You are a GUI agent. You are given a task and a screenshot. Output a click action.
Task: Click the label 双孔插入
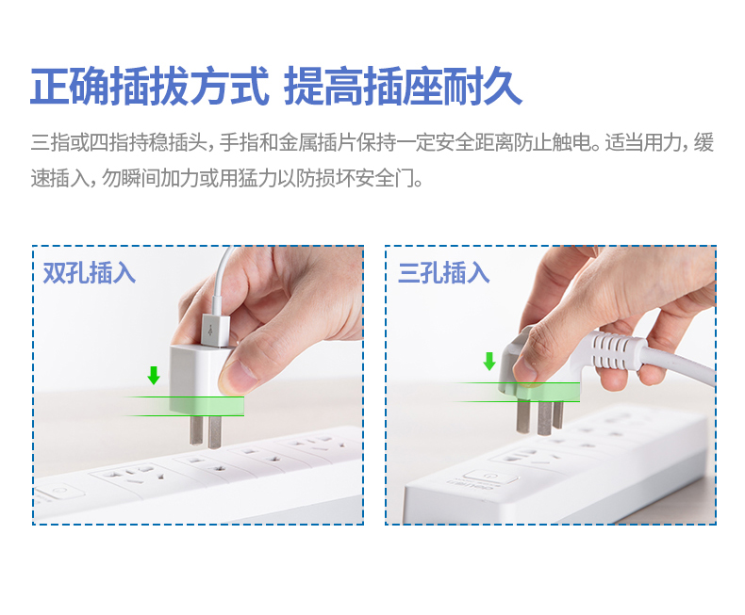(x=90, y=273)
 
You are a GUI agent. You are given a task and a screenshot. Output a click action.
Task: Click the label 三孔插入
(x=444, y=273)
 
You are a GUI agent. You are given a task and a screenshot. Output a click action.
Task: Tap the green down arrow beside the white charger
(x=154, y=375)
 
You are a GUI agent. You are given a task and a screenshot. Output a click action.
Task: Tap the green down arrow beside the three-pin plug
(x=489, y=361)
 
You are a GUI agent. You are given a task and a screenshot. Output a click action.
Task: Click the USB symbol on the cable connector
(x=211, y=330)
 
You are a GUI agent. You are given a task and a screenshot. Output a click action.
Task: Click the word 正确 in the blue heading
(x=70, y=87)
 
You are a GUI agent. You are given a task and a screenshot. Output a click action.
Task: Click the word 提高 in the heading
(x=323, y=87)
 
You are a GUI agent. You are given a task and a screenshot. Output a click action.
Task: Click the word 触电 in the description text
(x=571, y=142)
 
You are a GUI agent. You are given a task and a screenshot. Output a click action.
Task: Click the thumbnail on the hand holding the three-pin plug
(x=526, y=365)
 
